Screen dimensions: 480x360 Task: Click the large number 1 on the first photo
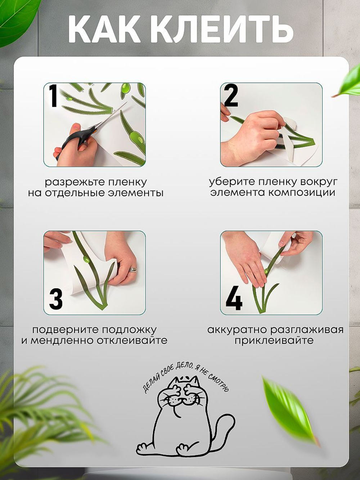(54, 96)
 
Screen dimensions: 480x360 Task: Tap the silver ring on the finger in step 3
(132, 269)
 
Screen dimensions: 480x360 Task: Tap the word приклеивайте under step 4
(274, 341)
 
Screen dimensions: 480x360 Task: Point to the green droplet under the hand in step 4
(266, 271)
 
